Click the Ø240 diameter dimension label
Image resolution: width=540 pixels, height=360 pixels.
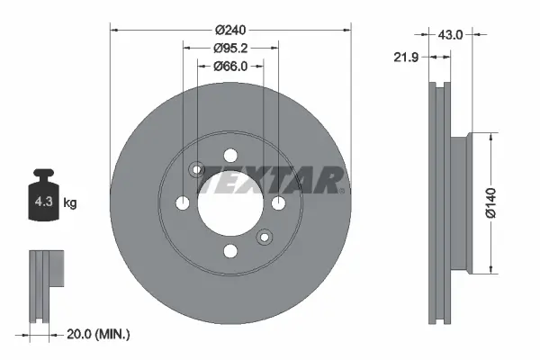tap(230, 31)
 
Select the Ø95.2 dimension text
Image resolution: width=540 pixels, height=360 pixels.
tap(230, 49)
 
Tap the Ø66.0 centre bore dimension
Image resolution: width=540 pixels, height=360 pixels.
tap(230, 66)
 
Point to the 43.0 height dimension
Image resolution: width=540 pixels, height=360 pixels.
tap(450, 34)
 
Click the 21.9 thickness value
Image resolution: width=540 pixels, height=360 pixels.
tap(406, 58)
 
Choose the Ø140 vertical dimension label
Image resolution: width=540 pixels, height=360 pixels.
tap(490, 203)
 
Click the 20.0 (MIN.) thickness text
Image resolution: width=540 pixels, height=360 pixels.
tap(98, 334)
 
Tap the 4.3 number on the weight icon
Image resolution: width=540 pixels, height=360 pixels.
tap(43, 202)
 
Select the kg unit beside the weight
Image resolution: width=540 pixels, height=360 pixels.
tap(70, 202)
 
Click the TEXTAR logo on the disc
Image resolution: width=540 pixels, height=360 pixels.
tap(272, 180)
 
